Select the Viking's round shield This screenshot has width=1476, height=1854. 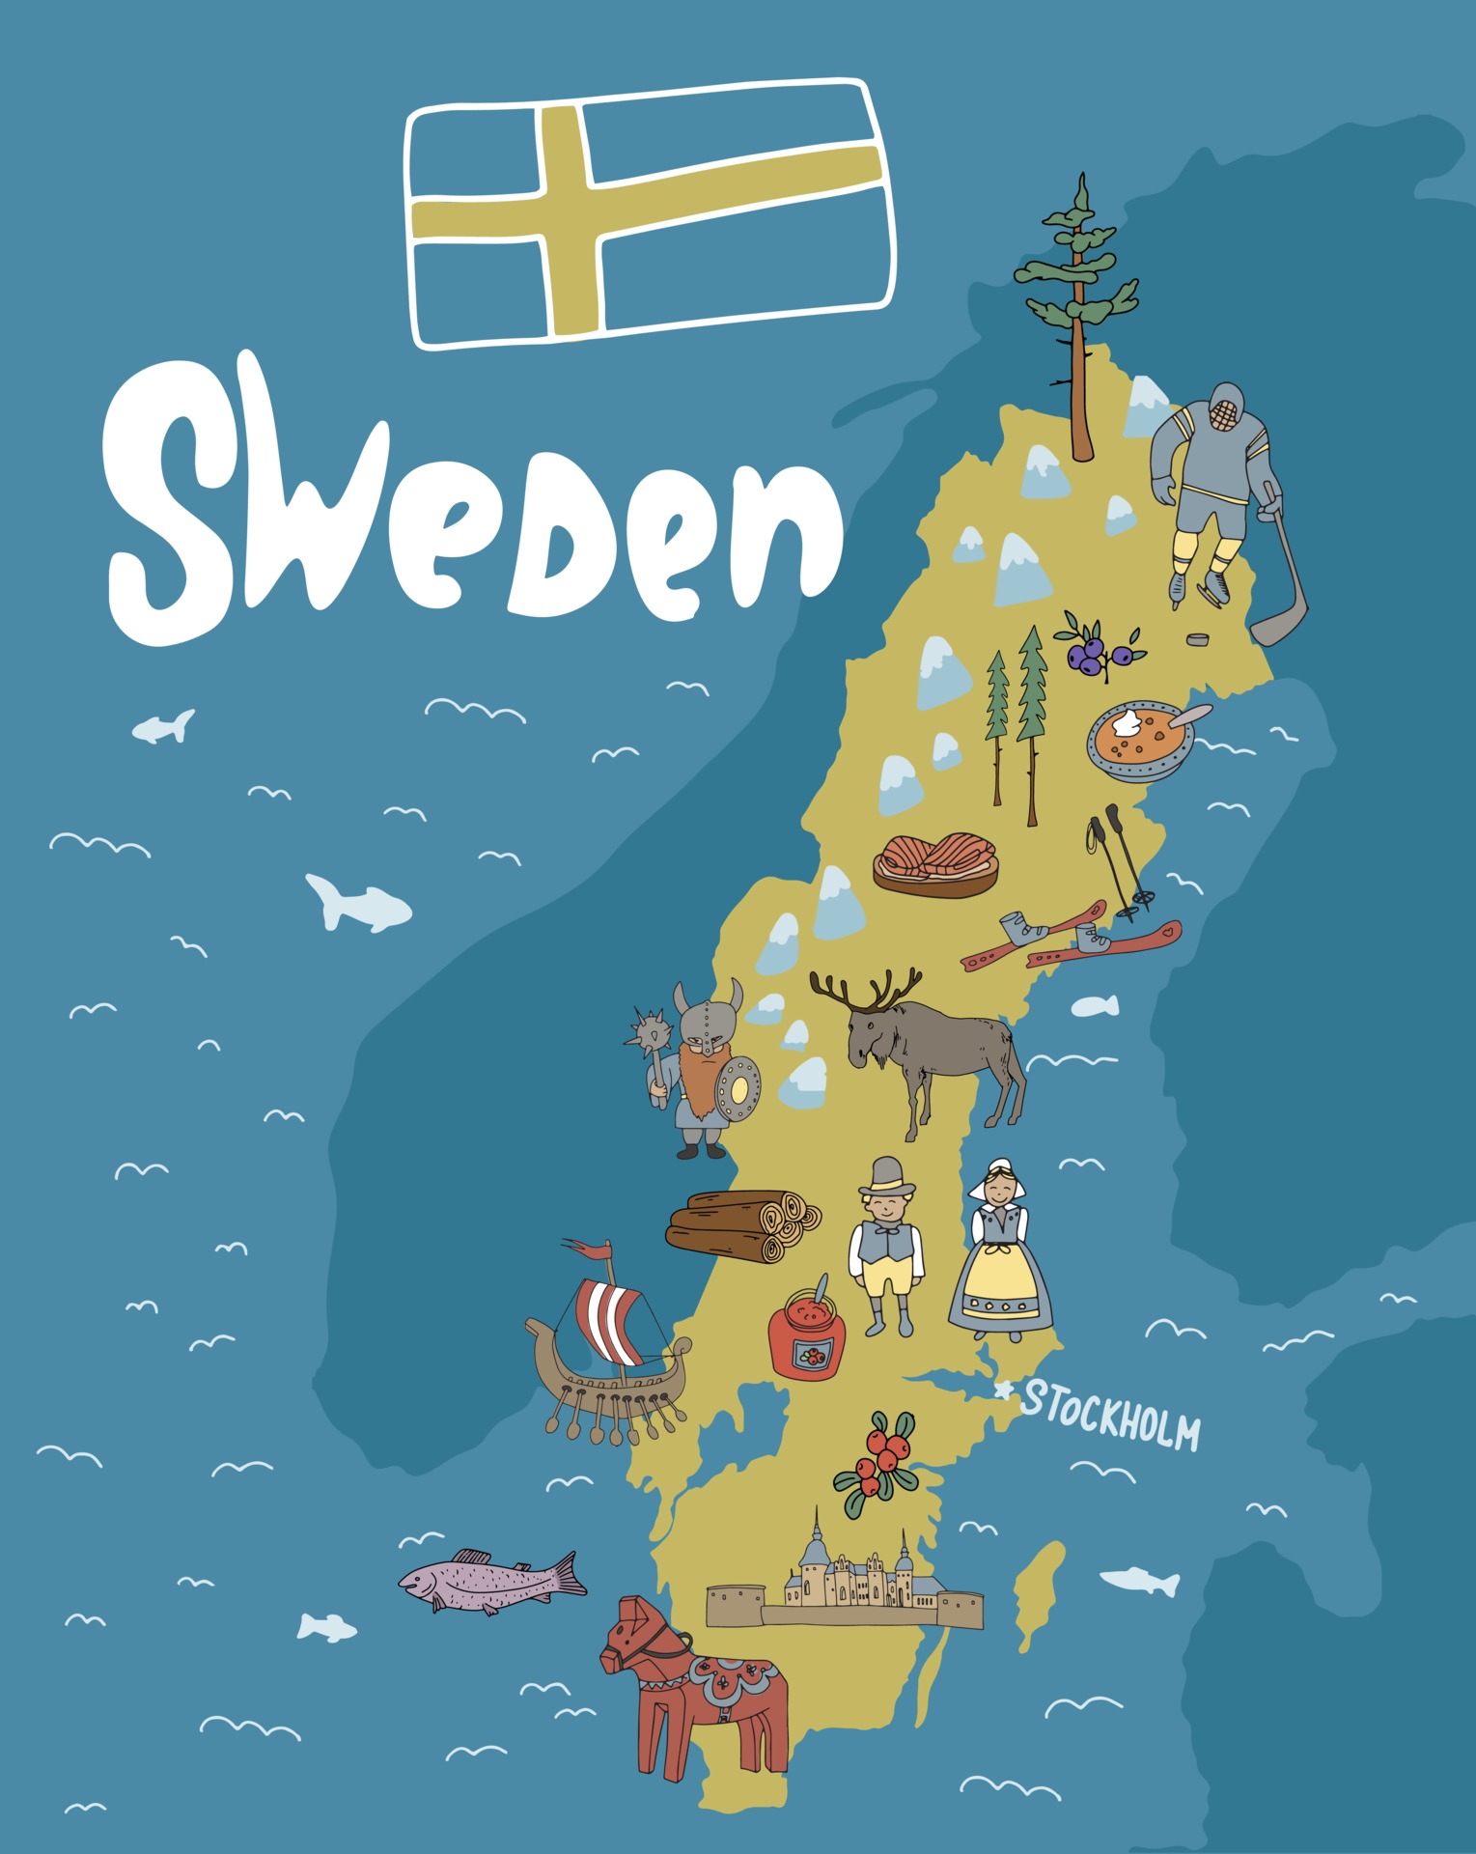click(x=738, y=1090)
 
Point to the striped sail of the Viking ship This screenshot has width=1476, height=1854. click(x=609, y=1318)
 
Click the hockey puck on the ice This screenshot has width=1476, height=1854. click(x=1198, y=639)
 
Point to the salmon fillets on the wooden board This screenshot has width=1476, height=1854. click(x=934, y=862)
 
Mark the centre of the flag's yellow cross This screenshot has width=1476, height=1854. click(x=569, y=213)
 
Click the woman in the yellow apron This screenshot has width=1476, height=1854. click(x=1001, y=1254)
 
